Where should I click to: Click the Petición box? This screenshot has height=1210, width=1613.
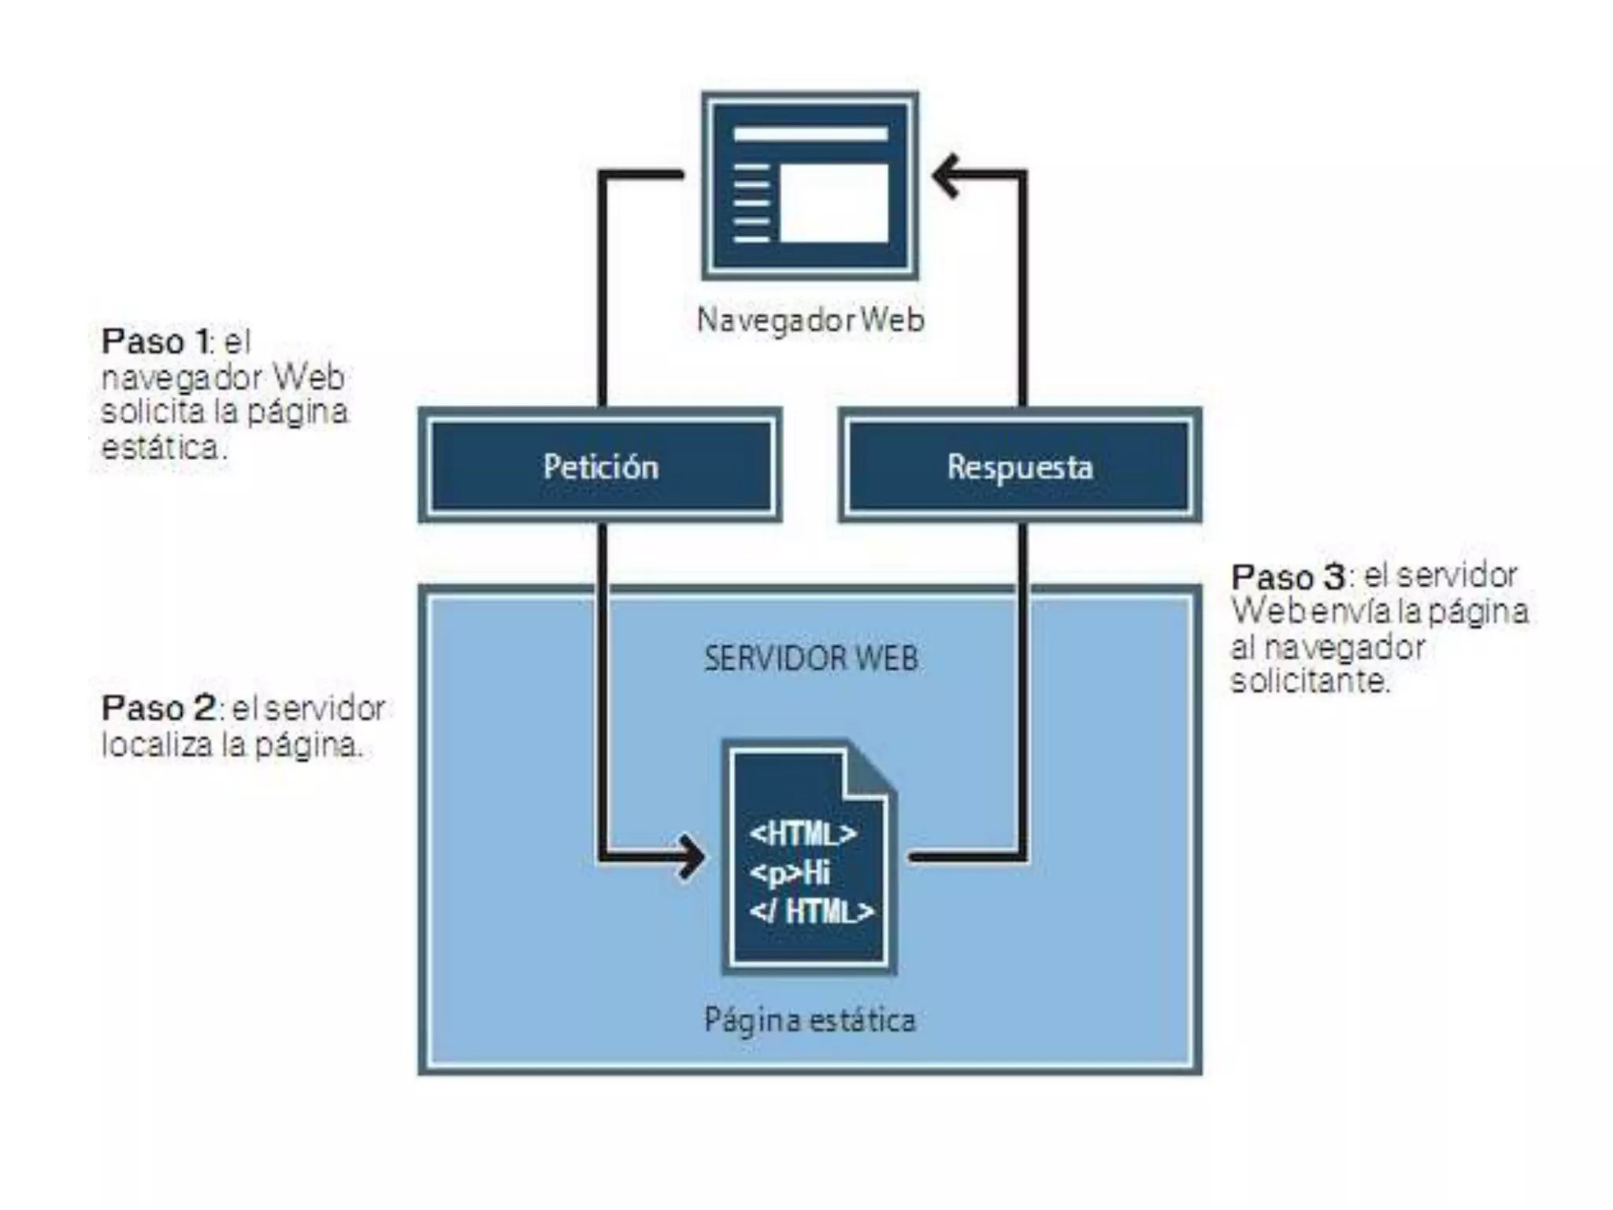coord(600,466)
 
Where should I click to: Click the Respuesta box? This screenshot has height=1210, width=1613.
coord(1020,466)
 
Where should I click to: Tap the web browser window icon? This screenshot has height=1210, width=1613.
coord(810,186)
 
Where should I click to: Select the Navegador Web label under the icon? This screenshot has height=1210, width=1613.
coord(810,321)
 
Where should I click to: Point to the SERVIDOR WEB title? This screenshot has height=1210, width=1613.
coord(810,658)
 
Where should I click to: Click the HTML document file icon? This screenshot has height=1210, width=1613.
coord(810,858)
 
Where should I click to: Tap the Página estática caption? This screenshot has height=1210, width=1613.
coord(810,1020)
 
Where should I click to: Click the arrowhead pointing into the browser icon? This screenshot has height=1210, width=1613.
coord(945,175)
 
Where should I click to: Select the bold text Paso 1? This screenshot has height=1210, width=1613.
coord(155,342)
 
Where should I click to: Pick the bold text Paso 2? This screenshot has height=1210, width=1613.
coord(158,707)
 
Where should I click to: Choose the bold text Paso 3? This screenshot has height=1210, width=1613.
coord(1288,577)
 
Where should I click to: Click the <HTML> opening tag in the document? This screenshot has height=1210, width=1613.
coord(803,833)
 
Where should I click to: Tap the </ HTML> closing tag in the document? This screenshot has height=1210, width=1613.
coord(811,911)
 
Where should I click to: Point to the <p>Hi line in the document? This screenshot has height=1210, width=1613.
coord(789,873)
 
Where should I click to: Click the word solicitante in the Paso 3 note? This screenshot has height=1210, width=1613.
coord(1309,681)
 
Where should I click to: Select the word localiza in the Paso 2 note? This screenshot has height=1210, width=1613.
coord(157,744)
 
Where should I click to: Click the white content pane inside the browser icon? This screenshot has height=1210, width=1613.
coord(833,202)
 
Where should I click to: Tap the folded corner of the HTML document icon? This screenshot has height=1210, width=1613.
coord(871,772)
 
